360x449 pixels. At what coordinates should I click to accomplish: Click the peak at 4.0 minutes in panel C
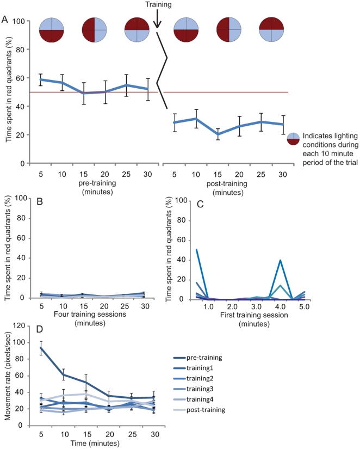click(280, 260)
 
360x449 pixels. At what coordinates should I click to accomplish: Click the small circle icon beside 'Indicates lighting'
click(294, 139)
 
